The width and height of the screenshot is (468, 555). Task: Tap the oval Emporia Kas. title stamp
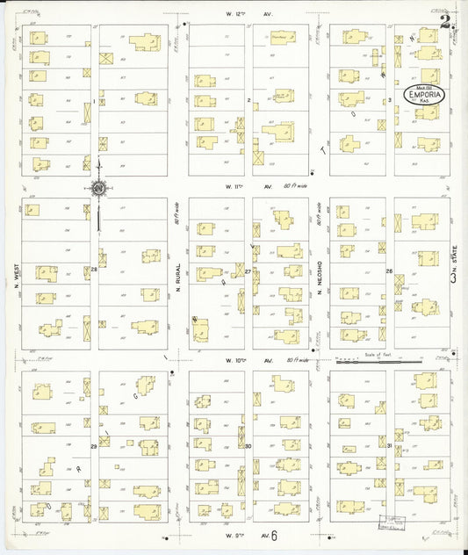click(x=425, y=95)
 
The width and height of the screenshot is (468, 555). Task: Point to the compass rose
click(x=99, y=187)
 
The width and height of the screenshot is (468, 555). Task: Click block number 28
click(x=94, y=270)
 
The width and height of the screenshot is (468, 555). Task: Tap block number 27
click(x=248, y=271)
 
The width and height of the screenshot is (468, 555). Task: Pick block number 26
click(x=389, y=271)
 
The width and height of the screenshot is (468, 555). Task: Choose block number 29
click(x=94, y=446)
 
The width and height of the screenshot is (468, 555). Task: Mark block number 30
click(x=248, y=446)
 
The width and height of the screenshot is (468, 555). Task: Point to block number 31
click(x=389, y=446)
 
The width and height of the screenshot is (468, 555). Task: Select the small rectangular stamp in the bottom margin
click(x=384, y=523)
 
